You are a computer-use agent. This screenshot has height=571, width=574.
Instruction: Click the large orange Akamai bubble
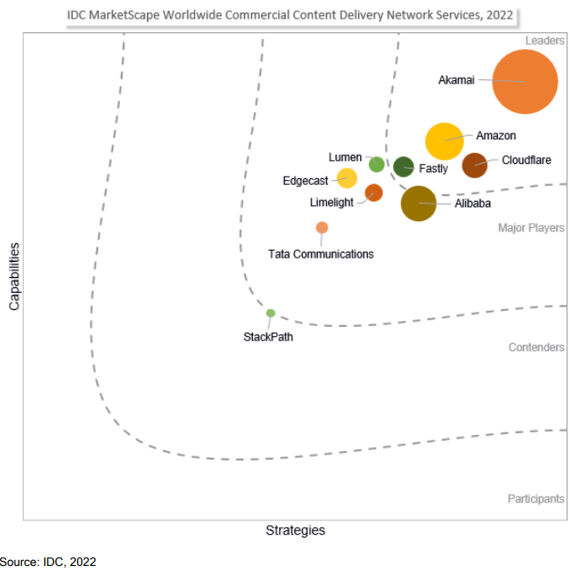point(525,82)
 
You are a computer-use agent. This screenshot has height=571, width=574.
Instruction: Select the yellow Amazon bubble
point(445,141)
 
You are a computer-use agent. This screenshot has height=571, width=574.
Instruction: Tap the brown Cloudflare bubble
point(475,166)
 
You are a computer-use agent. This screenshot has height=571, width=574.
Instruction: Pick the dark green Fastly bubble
point(404,166)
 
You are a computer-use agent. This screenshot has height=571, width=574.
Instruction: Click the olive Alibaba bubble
point(418,203)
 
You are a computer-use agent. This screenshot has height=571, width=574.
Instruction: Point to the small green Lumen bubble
point(376,164)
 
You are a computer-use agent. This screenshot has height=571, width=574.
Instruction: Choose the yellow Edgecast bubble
point(347,177)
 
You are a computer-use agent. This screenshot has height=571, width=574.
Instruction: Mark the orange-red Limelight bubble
point(374,193)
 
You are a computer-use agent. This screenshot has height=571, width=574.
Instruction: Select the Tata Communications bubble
point(322,227)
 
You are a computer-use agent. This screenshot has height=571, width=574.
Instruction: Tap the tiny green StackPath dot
point(271,313)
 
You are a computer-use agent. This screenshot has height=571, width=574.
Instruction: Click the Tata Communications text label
point(320,253)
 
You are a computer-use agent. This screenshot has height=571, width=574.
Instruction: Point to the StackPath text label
point(268,337)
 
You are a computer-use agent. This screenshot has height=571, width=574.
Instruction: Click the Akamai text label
point(456,81)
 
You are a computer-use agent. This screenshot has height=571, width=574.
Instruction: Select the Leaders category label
point(544,41)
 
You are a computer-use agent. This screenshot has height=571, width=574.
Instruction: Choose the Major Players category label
point(531,228)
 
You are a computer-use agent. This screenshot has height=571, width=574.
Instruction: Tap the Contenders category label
point(536,347)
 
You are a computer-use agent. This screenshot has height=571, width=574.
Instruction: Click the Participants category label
point(536,498)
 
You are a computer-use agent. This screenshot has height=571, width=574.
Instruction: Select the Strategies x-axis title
point(295,530)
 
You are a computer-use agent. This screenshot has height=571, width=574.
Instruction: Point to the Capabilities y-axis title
point(14,275)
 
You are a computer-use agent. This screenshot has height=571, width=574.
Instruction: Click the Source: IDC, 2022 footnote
point(48,562)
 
